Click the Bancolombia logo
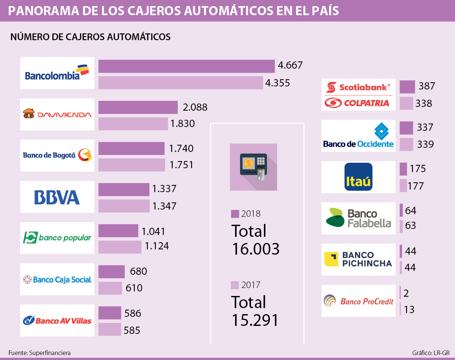click(57, 73)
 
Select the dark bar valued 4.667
click(186, 66)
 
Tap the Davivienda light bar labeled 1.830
click(133, 124)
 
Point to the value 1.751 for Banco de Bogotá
click(181, 165)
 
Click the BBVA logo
click(57, 197)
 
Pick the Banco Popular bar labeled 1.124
click(120, 247)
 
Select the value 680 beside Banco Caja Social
click(138, 271)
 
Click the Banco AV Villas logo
click(57, 320)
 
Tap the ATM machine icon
click(253, 167)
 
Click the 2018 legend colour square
click(235, 213)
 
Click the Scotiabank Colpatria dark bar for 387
click(407, 87)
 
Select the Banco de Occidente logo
click(358, 136)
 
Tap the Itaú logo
click(359, 177)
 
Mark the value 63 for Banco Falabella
click(411, 226)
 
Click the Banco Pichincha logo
click(358, 259)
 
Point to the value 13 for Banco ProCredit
click(409, 310)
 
